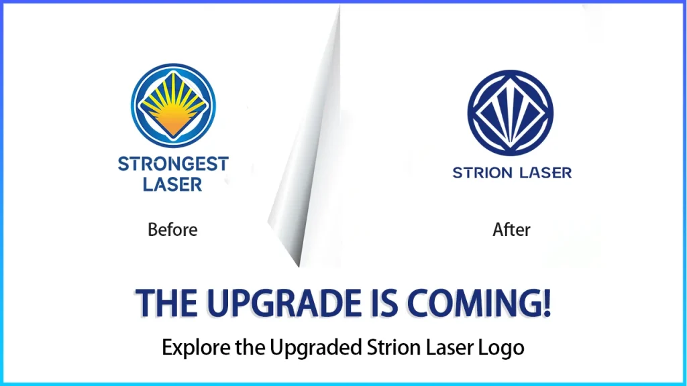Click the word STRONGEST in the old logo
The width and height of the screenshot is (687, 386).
[173, 164]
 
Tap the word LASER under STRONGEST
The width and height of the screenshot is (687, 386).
[173, 184]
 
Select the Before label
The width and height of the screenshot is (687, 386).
[172, 230]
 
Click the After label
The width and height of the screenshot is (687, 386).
[511, 230]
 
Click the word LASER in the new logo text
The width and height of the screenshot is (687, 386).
[544, 173]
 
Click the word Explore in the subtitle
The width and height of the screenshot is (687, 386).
[190, 348]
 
